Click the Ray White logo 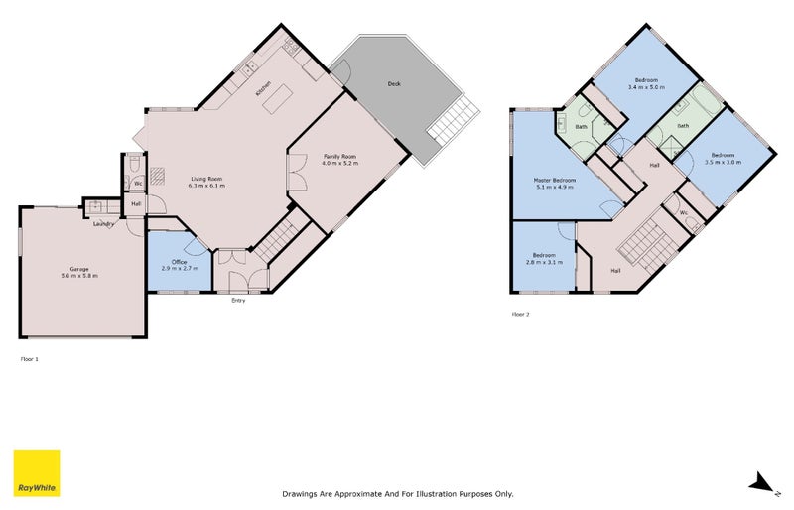[x=37, y=474]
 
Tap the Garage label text [x=80, y=268]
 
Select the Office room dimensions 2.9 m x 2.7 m [x=179, y=269]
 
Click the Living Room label [x=206, y=178]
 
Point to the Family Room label [x=338, y=157]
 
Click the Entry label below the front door [x=238, y=301]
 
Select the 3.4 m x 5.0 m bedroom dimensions [x=646, y=87]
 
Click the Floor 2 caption [x=520, y=314]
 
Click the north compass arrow [x=762, y=483]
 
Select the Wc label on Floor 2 [x=685, y=212]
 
